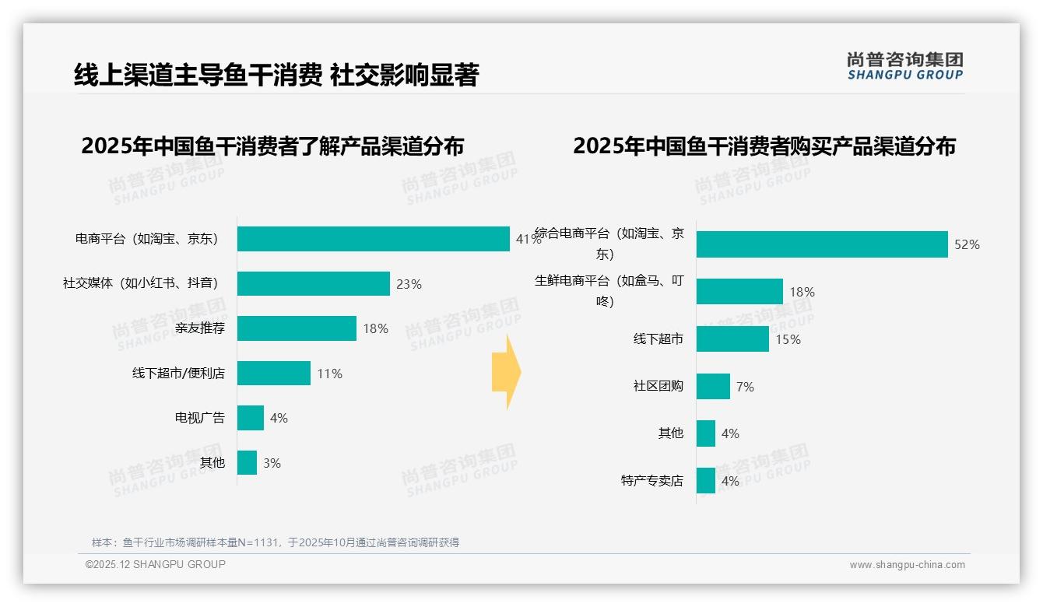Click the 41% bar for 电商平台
[374, 239]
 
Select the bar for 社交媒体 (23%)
[313, 284]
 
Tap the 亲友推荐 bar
[297, 328]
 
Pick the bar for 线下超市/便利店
[273, 374]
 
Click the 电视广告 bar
[251, 418]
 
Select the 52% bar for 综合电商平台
[822, 244]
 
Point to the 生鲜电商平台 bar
[739, 292]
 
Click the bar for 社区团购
[713, 387]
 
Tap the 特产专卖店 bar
[706, 481]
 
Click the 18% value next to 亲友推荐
[375, 329]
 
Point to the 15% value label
[788, 339]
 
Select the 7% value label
[745, 387]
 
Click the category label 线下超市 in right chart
[658, 339]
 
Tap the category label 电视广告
[200, 418]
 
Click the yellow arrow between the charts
[506, 373]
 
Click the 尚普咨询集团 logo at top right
[904, 66]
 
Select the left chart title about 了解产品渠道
[272, 146]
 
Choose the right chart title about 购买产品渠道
[764, 146]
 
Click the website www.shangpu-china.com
[907, 565]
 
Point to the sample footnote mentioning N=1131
[276, 542]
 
